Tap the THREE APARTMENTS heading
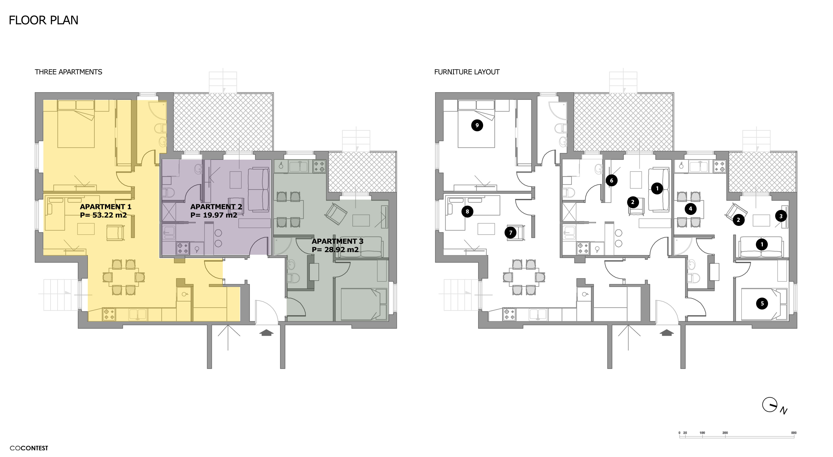coord(68,72)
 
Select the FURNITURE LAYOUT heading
coord(467,72)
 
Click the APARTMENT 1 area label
coord(105,211)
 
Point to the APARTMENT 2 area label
coord(216,211)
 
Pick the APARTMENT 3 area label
coord(337,245)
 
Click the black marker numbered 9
coord(477,125)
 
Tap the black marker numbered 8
coord(467,212)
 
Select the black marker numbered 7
coord(511,232)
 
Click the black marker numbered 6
coord(611,181)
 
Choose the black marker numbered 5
coord(762,303)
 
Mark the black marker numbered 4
coord(690,208)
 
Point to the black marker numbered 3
coord(781,216)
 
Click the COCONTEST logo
coord(29,448)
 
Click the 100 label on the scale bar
coord(702,433)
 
